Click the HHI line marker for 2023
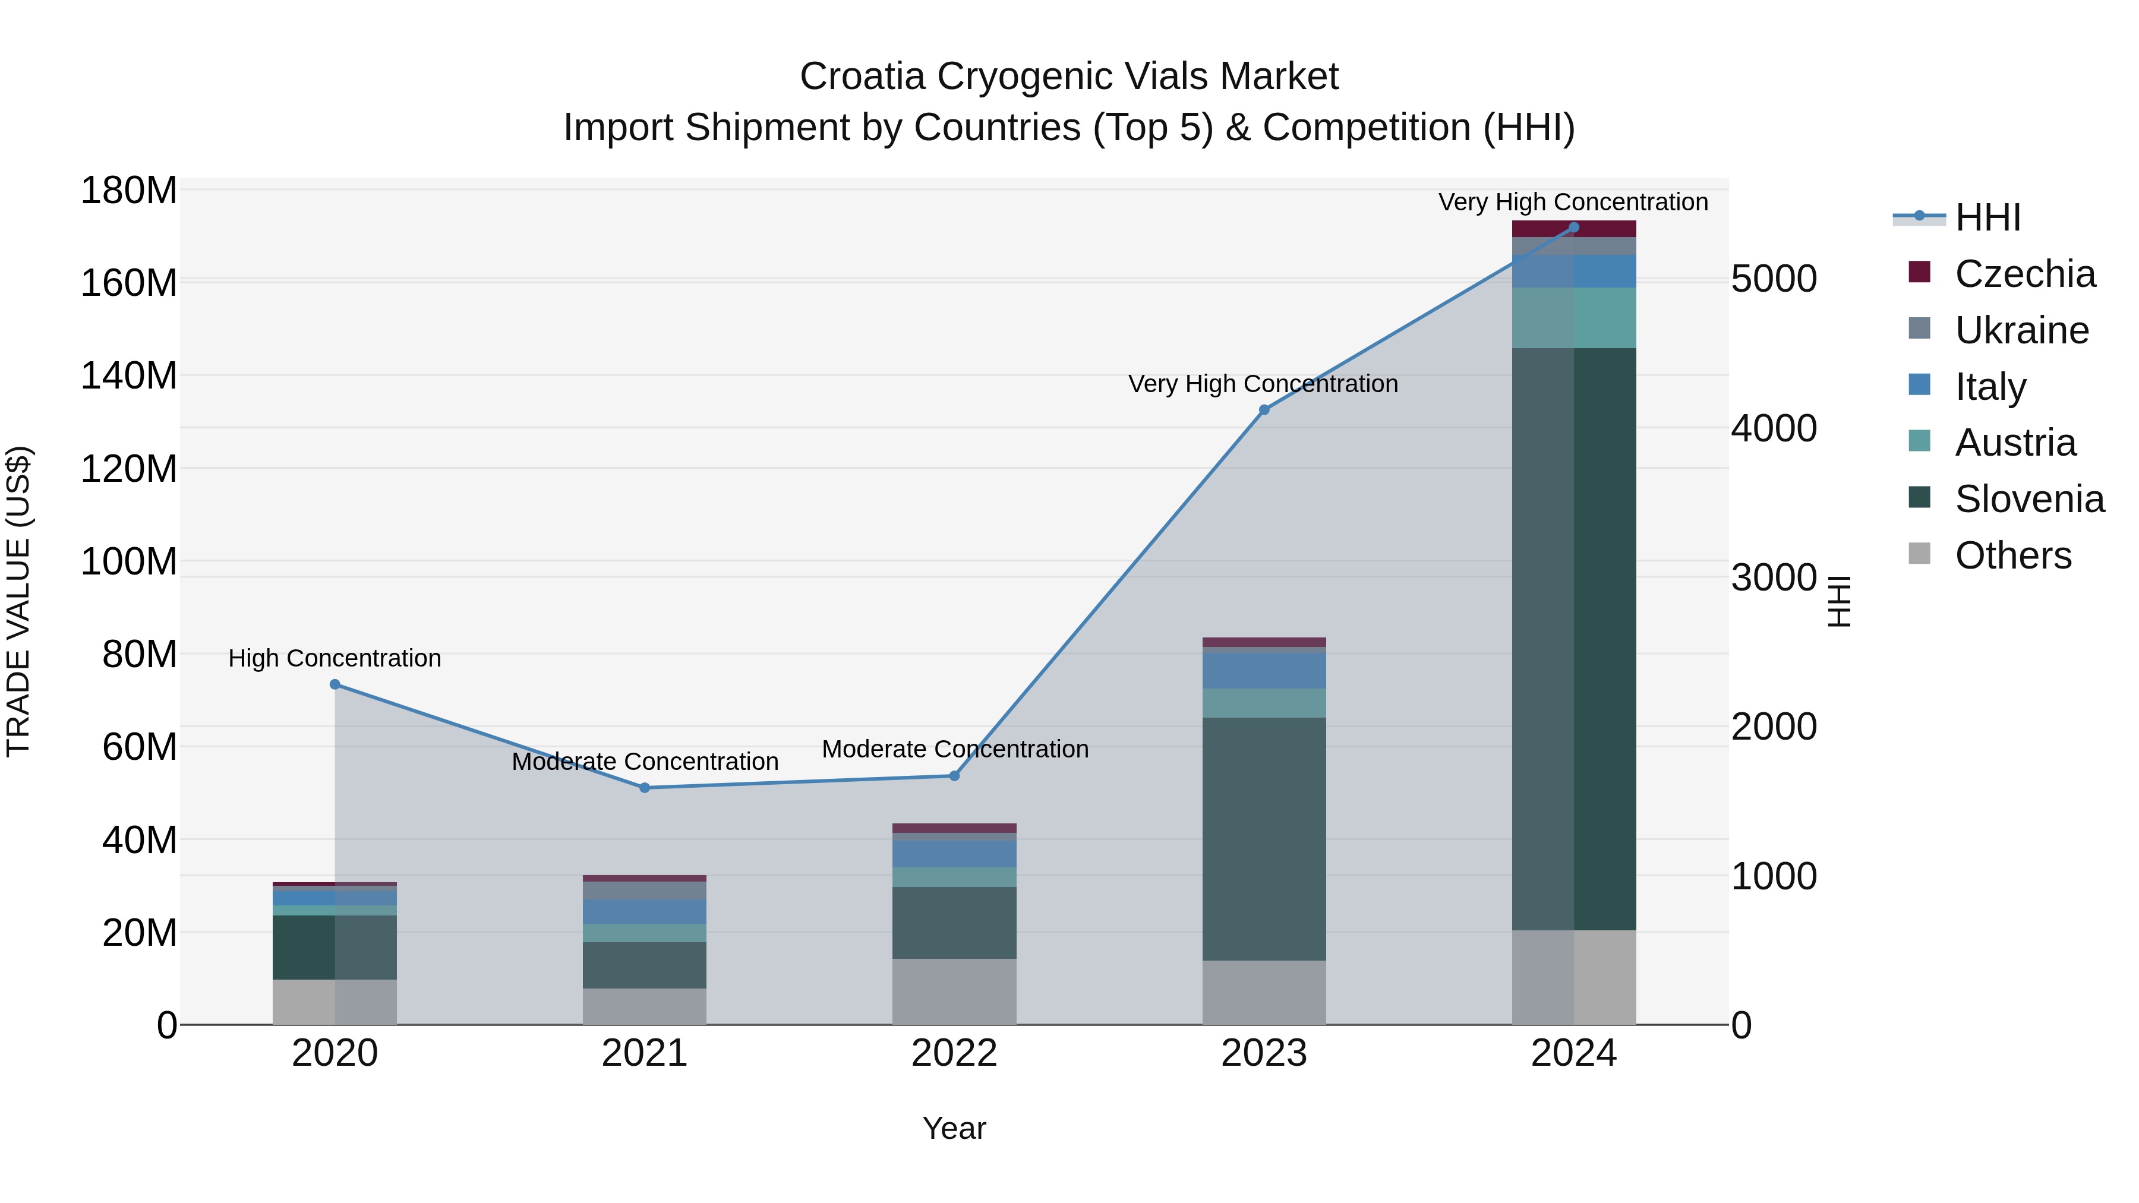click(x=1264, y=409)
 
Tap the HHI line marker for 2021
click(x=644, y=788)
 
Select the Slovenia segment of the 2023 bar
click(x=1264, y=838)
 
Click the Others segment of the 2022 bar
click(x=954, y=992)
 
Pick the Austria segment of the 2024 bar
click(x=1573, y=318)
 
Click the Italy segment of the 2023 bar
click(x=1264, y=671)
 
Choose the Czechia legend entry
click(x=2024, y=274)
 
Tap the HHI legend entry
click(x=1986, y=217)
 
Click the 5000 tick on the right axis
click(x=1774, y=279)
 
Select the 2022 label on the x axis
click(x=954, y=1053)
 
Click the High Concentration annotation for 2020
click(x=335, y=658)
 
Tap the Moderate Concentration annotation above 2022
click(x=955, y=749)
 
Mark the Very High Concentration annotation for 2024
click(x=1573, y=202)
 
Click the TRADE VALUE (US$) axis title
click(x=18, y=601)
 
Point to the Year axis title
click(x=954, y=1128)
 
